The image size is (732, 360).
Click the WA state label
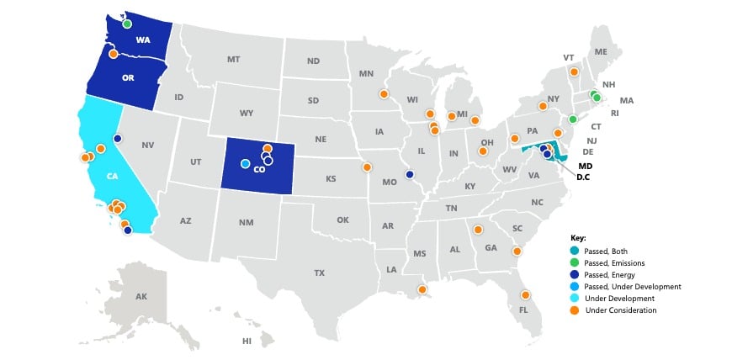[x=144, y=40]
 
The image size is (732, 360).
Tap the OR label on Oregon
[x=128, y=77]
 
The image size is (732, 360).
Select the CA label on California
[x=113, y=177]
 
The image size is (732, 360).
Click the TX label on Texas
[x=319, y=273]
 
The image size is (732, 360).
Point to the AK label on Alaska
[x=141, y=296]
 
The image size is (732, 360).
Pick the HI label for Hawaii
[x=247, y=341]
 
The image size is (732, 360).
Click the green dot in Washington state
[x=127, y=24]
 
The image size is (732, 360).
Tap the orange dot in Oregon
[x=114, y=54]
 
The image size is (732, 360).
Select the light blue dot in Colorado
[x=245, y=163]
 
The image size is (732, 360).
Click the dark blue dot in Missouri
[x=410, y=175]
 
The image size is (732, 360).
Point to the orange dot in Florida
[x=525, y=295]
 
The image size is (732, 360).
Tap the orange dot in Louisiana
[x=422, y=290]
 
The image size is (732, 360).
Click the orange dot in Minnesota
[x=384, y=94]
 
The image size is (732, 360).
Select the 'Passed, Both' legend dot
[x=574, y=251]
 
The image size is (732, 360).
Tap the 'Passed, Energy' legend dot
[x=574, y=275]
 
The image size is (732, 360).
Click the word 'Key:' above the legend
[x=577, y=238]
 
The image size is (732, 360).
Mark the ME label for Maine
[x=601, y=52]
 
